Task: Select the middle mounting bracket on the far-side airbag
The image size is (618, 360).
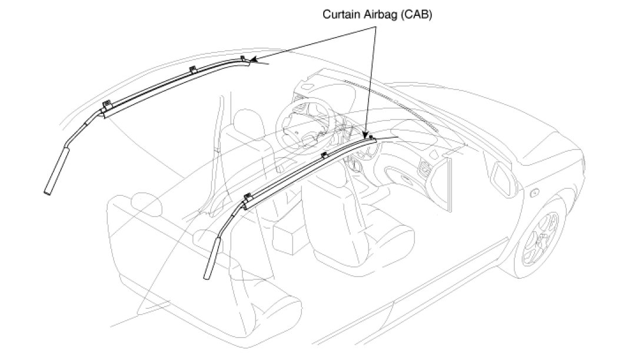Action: pyautogui.click(x=192, y=69)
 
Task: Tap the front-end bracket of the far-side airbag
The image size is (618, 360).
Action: pyautogui.click(x=242, y=58)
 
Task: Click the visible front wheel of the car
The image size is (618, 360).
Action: pyautogui.click(x=541, y=238)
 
